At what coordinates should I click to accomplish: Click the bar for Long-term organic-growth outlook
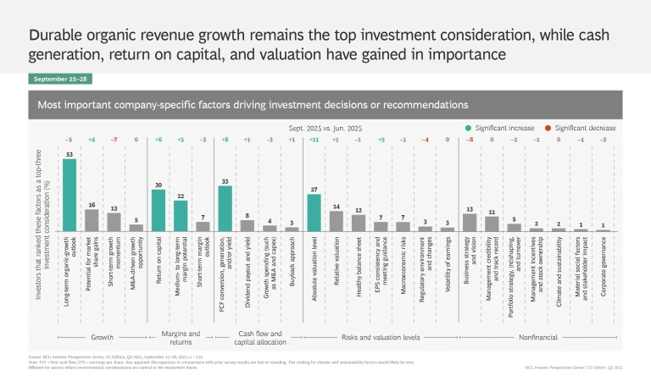(70, 196)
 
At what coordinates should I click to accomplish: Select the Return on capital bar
(158, 211)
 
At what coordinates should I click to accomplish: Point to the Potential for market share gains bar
(92, 221)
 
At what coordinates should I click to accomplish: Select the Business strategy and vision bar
(469, 223)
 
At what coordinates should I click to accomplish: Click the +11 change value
(314, 140)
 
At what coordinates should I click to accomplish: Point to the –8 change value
(469, 140)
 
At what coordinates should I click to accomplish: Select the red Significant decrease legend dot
(548, 128)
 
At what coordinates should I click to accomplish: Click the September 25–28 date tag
(58, 79)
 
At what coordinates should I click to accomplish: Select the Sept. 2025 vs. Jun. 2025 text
(325, 128)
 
